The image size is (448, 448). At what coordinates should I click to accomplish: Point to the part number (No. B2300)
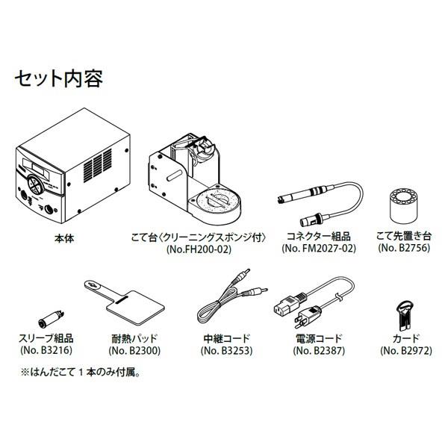[x=134, y=350]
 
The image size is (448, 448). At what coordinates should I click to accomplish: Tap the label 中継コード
[x=226, y=337]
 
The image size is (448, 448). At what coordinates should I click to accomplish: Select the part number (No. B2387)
[x=317, y=350]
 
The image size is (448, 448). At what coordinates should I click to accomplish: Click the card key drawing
[x=403, y=312]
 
